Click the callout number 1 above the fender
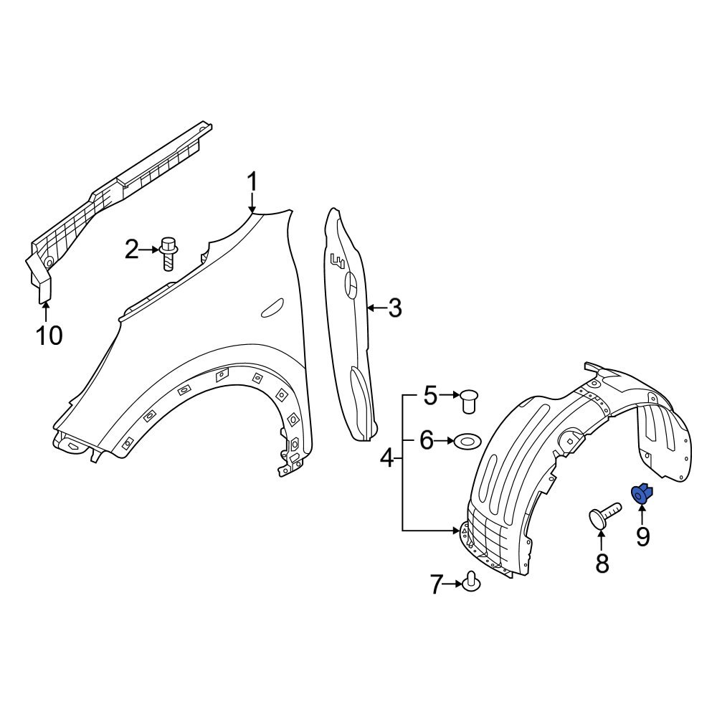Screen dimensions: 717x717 coord(252,184)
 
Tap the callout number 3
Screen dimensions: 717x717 coord(394,308)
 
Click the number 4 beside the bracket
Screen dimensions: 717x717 coord(386,457)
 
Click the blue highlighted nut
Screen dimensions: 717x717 coord(640,494)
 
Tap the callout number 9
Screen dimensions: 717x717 coord(642,535)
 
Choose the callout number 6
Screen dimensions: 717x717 coord(427,440)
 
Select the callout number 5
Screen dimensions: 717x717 coord(429,395)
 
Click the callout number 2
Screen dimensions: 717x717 coord(132,250)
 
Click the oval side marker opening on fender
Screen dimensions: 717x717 coord(272,308)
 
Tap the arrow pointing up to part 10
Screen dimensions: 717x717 coord(46,311)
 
